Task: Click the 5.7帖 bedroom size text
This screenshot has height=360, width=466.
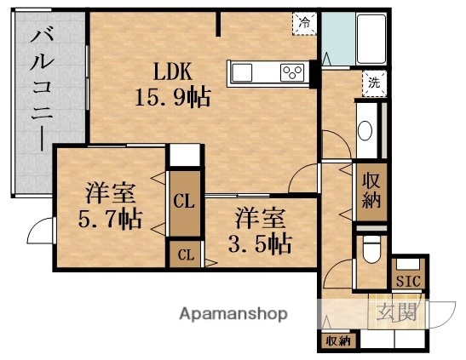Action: [111, 219]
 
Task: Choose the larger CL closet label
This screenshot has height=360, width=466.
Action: [182, 203]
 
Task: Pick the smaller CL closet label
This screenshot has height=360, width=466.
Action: [185, 254]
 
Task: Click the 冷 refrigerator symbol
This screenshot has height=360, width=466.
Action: [303, 24]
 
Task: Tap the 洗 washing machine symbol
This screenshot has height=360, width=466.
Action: [373, 83]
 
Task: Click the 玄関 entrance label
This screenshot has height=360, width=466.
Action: [398, 312]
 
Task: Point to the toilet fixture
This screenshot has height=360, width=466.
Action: [371, 252]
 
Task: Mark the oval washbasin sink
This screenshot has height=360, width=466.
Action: [365, 131]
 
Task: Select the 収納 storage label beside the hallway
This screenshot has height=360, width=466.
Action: [371, 190]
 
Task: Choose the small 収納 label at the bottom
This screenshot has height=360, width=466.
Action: [336, 341]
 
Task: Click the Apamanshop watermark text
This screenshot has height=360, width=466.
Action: [232, 313]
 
